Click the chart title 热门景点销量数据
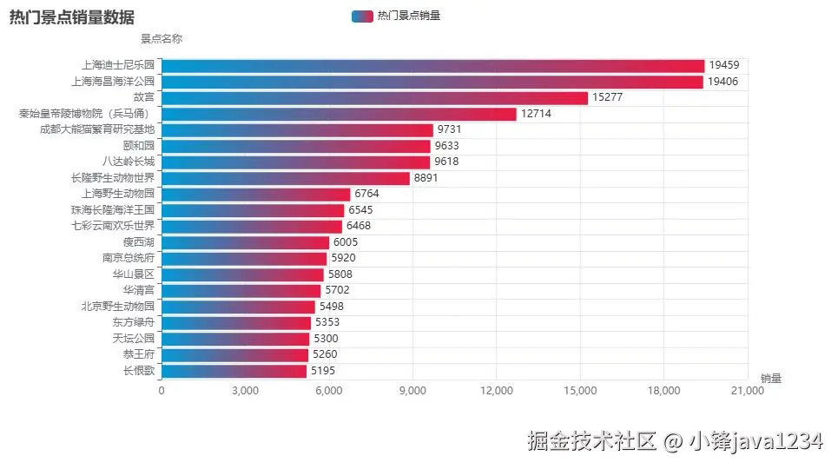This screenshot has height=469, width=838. click(x=71, y=17)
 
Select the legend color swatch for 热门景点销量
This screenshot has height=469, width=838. click(x=362, y=16)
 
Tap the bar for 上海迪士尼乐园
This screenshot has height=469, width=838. click(x=432, y=66)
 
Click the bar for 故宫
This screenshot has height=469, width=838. click(x=374, y=98)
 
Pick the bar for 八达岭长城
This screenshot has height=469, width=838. click(x=295, y=162)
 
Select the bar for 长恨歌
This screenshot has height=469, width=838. click(x=234, y=371)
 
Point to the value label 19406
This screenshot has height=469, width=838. click(x=723, y=82)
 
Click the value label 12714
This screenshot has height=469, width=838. click(x=536, y=114)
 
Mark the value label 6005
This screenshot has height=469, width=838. click(x=348, y=242)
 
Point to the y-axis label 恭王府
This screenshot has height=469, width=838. click(x=139, y=354)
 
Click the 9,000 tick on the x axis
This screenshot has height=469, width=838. click(x=412, y=392)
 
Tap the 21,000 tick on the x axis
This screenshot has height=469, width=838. click(x=748, y=392)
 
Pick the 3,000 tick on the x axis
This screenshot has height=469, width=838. click(x=246, y=392)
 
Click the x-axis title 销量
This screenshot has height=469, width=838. click(x=771, y=379)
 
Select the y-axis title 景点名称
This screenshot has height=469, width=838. click(x=162, y=38)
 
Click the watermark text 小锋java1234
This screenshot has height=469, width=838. click(x=755, y=441)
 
